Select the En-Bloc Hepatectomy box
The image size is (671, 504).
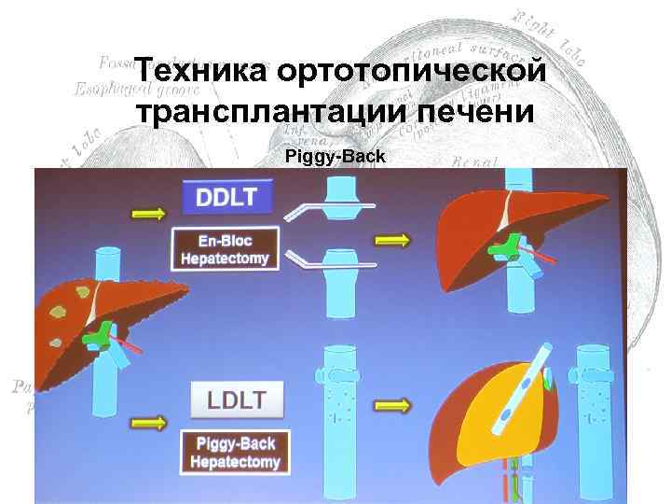(x=225, y=249)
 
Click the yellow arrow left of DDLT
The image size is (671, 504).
(x=150, y=214)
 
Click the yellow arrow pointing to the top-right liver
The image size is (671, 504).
(x=391, y=241)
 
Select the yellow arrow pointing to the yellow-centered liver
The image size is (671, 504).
(x=391, y=406)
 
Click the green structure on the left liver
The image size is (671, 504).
(x=98, y=333)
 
